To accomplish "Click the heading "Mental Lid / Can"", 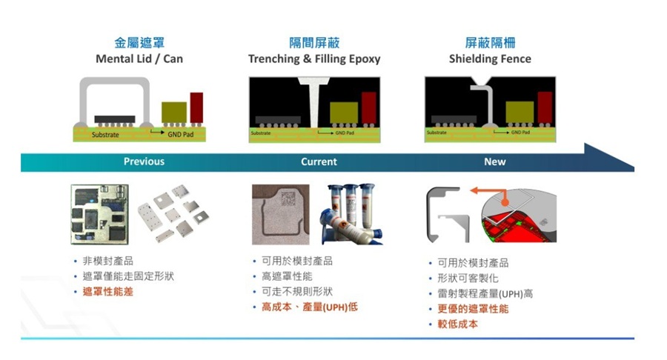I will click(139, 59).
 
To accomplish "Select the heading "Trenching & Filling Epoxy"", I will click(314, 59).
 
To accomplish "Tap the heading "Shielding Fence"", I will click(490, 59).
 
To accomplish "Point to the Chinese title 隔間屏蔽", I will click(314, 43).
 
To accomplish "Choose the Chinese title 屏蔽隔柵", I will click(490, 43).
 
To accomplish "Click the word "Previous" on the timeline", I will click(144, 161).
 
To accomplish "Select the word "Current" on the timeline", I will click(319, 161).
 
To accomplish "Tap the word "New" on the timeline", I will click(494, 161).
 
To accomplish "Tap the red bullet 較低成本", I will click(457, 324).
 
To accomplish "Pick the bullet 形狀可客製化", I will click(468, 279).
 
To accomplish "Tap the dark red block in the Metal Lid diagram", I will click(196, 108).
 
